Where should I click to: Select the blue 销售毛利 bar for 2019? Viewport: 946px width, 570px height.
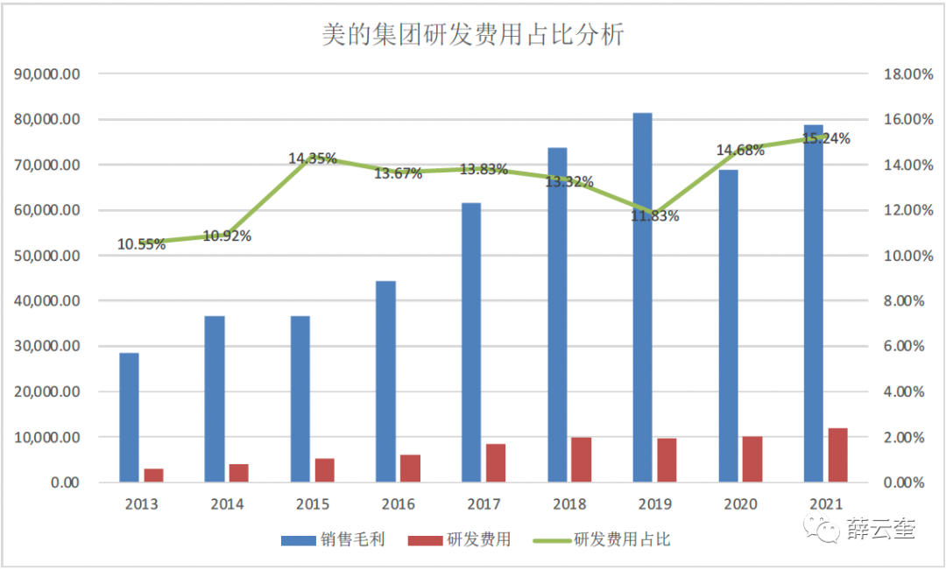click(642, 298)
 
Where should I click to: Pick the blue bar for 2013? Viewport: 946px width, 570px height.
click(129, 417)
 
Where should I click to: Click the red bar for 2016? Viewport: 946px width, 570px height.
click(410, 468)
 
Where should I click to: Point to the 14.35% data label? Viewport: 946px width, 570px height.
click(313, 158)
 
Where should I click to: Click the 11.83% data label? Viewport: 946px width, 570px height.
click(655, 216)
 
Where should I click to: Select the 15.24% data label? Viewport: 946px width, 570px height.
click(826, 138)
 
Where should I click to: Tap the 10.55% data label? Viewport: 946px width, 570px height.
click(142, 244)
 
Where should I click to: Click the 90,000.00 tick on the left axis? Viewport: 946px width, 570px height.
click(48, 74)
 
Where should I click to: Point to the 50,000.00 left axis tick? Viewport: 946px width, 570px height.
click(48, 256)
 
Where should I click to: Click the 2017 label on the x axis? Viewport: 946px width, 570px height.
click(484, 504)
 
